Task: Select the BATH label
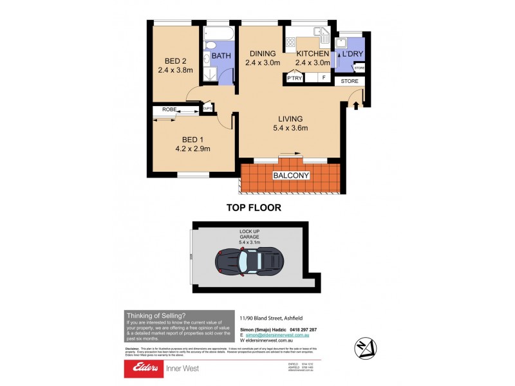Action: pyautogui.click(x=221, y=56)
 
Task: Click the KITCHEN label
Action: pyautogui.click(x=312, y=53)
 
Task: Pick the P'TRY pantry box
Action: pyautogui.click(x=295, y=78)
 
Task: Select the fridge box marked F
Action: pyautogui.click(x=323, y=78)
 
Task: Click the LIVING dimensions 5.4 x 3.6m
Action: pyautogui.click(x=288, y=128)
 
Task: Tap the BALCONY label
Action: pyautogui.click(x=292, y=175)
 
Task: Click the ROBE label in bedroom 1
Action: pyautogui.click(x=169, y=110)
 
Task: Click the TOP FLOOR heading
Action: pyautogui.click(x=253, y=208)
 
